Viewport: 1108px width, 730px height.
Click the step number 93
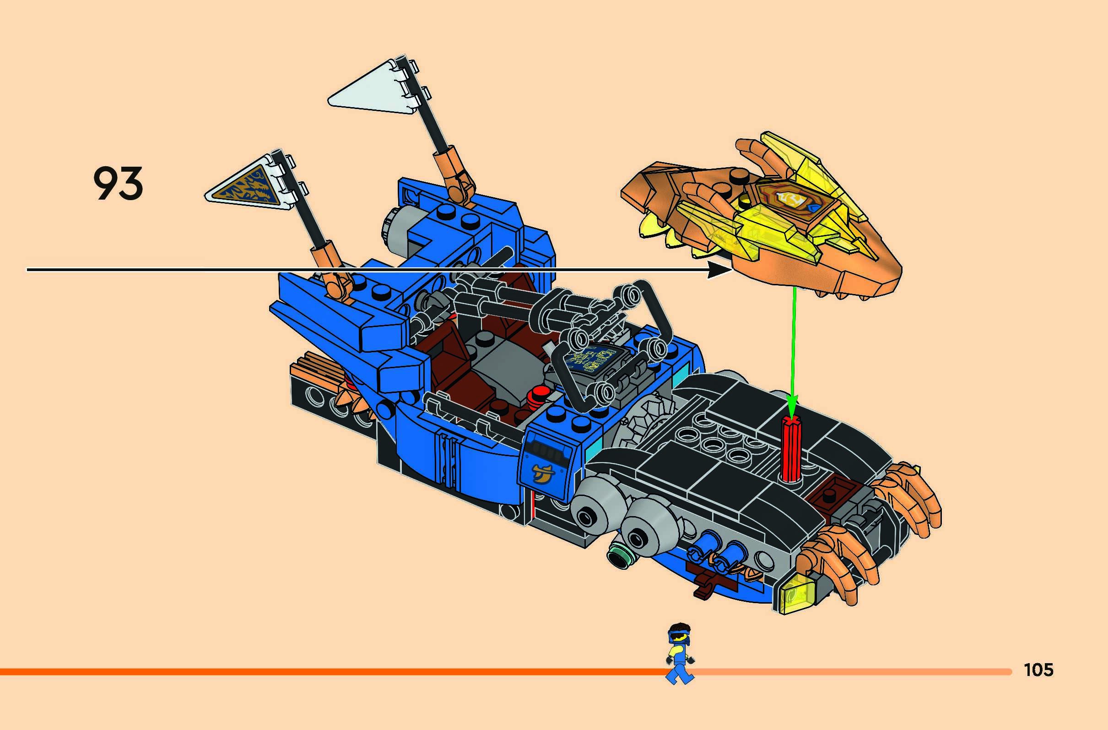click(x=118, y=184)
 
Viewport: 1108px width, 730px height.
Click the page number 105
click(x=1038, y=670)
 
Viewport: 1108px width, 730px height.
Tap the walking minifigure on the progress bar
click(x=680, y=653)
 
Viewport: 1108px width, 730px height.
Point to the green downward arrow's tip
click(x=792, y=410)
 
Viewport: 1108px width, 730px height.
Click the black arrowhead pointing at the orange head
click(x=719, y=269)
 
